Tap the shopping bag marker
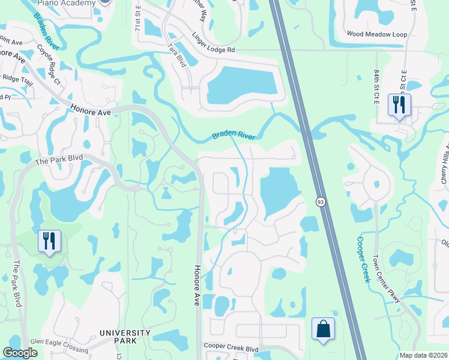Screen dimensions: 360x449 pyautogui.click(x=324, y=329)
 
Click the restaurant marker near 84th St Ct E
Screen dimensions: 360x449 pyautogui.click(x=399, y=105)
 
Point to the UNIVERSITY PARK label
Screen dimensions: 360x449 pyautogui.click(x=125, y=337)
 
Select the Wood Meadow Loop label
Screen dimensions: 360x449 pyautogui.click(x=377, y=35)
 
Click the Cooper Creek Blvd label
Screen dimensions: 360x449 pyautogui.click(x=231, y=347)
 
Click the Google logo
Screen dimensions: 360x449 pyautogui.click(x=20, y=353)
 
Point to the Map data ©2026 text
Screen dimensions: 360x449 pyautogui.click(x=424, y=355)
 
